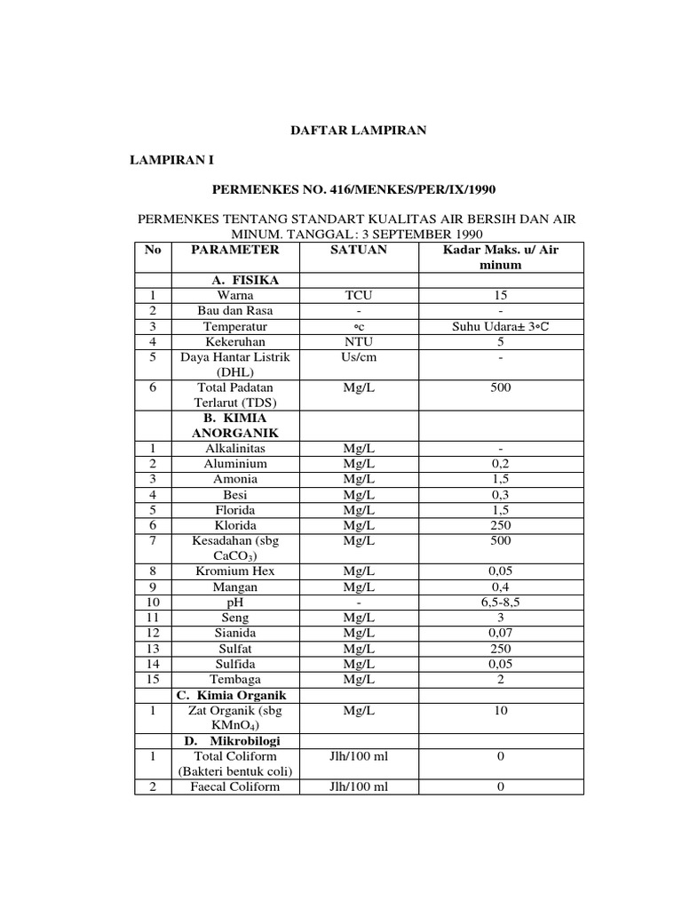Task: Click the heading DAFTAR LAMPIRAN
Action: click(x=360, y=131)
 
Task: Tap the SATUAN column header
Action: click(x=358, y=250)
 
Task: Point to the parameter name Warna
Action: click(x=235, y=296)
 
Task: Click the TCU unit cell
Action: click(x=358, y=296)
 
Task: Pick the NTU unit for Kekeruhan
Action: click(x=358, y=341)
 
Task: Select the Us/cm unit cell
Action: click(x=358, y=357)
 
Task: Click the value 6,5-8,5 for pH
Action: click(x=501, y=602)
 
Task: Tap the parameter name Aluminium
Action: click(x=235, y=464)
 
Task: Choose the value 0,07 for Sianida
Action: click(x=501, y=632)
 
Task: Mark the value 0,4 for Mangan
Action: click(x=501, y=587)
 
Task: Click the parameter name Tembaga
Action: click(x=235, y=679)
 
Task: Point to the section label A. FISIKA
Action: click(x=235, y=280)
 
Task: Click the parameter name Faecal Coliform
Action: click(x=235, y=786)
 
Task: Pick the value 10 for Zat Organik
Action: click(x=501, y=710)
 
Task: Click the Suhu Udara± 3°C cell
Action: click(x=501, y=326)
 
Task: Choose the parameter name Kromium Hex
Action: click(x=235, y=571)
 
